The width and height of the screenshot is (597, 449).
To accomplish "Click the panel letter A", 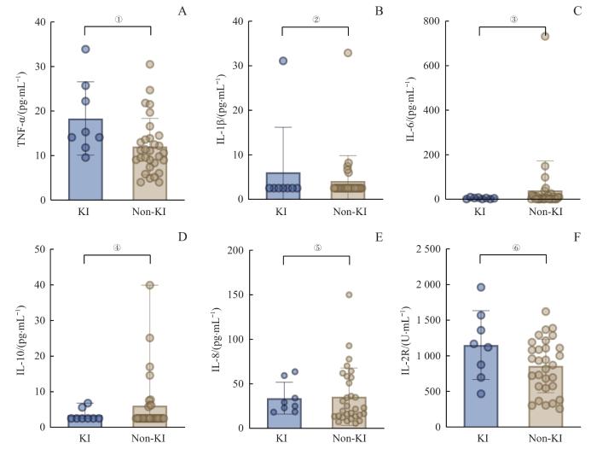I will click(x=182, y=11).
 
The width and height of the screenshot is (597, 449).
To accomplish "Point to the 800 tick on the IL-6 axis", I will click(x=441, y=21).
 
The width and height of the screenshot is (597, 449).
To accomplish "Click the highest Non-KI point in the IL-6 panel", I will click(x=544, y=36).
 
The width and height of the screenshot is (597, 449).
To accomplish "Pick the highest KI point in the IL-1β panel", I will click(x=283, y=61).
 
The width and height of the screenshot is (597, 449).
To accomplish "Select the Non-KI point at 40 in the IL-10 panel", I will click(x=149, y=285).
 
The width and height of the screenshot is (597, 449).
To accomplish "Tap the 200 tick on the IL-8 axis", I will click(x=246, y=250).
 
